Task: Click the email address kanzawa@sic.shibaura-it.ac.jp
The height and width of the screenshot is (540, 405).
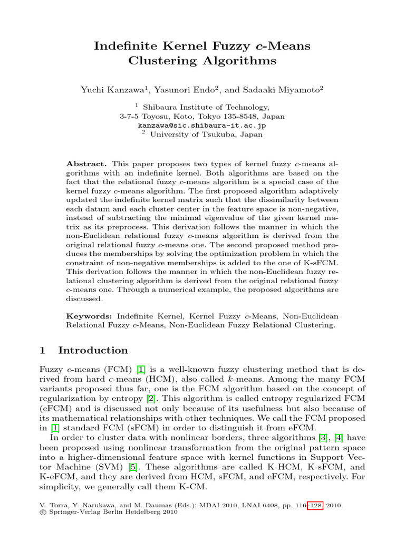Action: tap(202, 126)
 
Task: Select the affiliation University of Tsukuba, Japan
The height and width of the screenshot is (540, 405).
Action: tap(206, 134)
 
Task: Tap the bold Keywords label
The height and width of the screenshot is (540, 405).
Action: tap(89, 316)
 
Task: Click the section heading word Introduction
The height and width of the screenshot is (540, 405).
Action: tap(93, 351)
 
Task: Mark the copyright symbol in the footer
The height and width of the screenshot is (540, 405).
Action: tap(43, 512)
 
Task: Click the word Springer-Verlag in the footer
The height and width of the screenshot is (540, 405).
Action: tap(75, 512)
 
